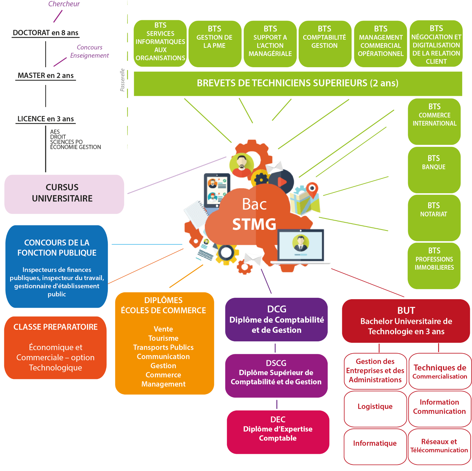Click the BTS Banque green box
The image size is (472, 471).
(434, 170)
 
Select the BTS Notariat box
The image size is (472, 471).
(434, 217)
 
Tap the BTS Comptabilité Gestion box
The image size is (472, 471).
(325, 44)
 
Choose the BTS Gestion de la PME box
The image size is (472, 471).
(214, 44)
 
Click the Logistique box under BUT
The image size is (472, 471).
(375, 408)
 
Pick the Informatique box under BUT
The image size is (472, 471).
(375, 446)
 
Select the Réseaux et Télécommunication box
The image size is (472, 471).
(439, 446)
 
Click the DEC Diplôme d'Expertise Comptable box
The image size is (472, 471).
(278, 432)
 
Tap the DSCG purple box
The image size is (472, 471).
(276, 375)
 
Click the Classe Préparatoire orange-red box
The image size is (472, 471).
(55, 348)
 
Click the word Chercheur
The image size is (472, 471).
(64, 4)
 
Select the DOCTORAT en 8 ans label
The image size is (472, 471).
(46, 33)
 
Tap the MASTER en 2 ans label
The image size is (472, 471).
(46, 76)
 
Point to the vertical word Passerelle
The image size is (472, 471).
(122, 80)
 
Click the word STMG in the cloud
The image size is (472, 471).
(254, 224)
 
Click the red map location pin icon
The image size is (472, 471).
(312, 189)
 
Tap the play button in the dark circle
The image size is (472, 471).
(282, 182)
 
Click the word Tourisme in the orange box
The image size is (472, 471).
(163, 338)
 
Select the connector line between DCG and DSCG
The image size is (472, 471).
(275, 348)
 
